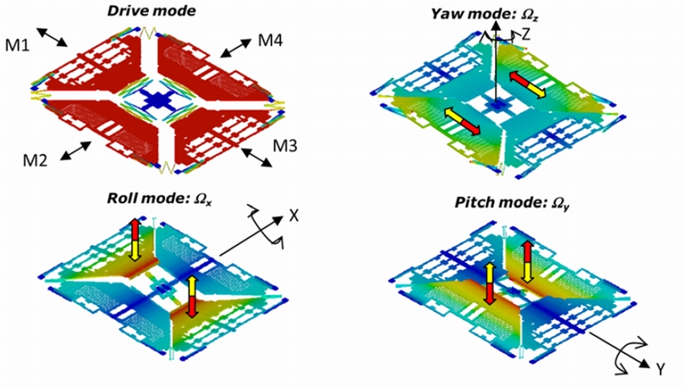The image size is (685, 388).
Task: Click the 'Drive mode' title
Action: tap(152, 10)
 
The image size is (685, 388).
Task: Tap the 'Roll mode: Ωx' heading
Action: tap(159, 199)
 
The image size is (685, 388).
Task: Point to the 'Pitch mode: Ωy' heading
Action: tap(511, 203)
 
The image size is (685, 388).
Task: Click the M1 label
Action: tap(17, 45)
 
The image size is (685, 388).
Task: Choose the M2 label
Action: tap(35, 161)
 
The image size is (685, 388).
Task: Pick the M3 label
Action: tap(285, 146)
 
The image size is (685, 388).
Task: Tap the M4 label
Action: tap(271, 40)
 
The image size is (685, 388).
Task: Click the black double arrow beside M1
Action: tap(52, 37)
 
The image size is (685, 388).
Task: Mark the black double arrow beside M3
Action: tap(257, 158)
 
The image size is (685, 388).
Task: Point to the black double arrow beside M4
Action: tap(235, 48)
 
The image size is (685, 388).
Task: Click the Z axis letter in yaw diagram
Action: tap(526, 34)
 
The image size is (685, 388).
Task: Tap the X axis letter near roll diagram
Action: tap(294, 215)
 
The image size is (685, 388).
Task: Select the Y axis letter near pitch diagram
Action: tap(660, 370)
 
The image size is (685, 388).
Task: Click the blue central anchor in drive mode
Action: tap(156, 100)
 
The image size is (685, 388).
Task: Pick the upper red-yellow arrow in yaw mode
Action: tap(527, 85)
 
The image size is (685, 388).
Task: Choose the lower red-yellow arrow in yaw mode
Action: tap(462, 121)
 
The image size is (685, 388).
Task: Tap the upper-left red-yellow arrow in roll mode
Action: tap(135, 240)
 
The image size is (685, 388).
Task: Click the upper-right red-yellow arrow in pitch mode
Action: tap(527, 262)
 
